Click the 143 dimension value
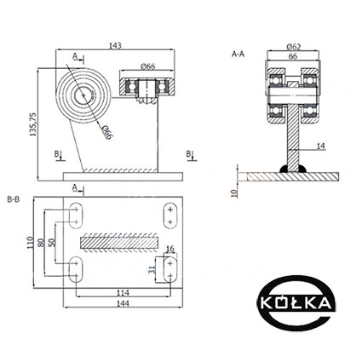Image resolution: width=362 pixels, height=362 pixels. [115, 45]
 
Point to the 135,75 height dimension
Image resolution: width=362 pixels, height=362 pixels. [33, 124]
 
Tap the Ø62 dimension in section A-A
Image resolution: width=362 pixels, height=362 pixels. [294, 46]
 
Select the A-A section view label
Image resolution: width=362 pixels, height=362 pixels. [238, 54]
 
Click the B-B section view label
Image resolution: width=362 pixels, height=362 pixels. [14, 199]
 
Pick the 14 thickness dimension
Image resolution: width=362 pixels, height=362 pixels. [320, 147]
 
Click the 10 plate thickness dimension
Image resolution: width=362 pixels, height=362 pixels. [234, 193]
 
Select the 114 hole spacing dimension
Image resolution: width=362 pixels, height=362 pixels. [123, 292]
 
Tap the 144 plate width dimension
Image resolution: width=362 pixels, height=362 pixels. [123, 303]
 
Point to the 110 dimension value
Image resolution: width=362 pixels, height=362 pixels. [30, 243]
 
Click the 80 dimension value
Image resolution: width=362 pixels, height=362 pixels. [41, 243]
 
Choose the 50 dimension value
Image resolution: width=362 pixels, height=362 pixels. [52, 242]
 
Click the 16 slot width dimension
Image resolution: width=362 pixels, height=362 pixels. [170, 250]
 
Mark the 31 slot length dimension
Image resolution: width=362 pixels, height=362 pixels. [152, 269]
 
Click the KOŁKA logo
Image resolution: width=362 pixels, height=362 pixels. [296, 303]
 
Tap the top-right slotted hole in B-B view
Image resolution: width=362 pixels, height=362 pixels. [170, 215]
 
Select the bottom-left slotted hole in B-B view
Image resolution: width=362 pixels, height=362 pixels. [76, 269]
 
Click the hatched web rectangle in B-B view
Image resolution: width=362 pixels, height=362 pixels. [119, 243]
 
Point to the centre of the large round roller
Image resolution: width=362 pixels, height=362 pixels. [83, 95]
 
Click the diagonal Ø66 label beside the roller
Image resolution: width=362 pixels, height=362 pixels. [107, 132]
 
